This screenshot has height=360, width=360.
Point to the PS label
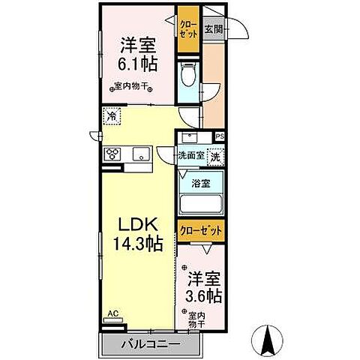coord(220,136)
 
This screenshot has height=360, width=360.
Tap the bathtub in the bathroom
coord(200,204)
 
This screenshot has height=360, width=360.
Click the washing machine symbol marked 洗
coord(214,157)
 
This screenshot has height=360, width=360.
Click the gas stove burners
coord(113,154)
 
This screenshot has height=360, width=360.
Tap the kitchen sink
coord(140,154)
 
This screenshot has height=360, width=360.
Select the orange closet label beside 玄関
coord(187,29)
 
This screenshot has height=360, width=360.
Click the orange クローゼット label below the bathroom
coord(199,232)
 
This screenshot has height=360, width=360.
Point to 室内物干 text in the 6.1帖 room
coord(129,85)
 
